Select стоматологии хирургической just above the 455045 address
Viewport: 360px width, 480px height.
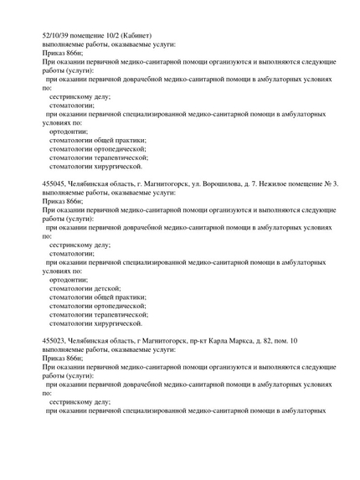click(95, 166)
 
